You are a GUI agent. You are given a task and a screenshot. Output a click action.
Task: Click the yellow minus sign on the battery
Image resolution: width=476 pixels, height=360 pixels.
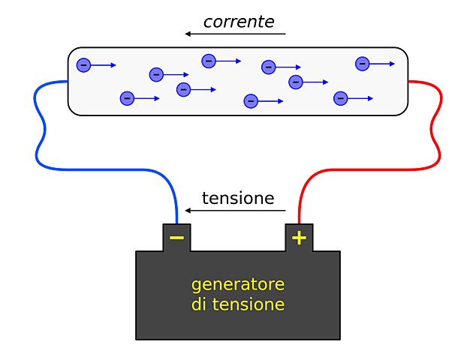(x=176, y=238)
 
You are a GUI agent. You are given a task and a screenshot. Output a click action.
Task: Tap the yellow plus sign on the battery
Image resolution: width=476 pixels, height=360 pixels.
(x=299, y=238)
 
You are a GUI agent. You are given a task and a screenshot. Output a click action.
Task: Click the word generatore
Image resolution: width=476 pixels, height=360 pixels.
(x=237, y=285)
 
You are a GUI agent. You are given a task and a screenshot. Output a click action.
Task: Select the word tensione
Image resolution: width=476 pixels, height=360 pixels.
(x=248, y=305)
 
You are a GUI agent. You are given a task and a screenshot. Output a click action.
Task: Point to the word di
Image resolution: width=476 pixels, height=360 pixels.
(x=198, y=305)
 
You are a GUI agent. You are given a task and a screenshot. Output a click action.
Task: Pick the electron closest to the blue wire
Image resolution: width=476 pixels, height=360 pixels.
(x=83, y=65)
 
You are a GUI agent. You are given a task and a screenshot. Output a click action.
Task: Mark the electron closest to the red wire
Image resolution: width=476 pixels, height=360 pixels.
(x=362, y=64)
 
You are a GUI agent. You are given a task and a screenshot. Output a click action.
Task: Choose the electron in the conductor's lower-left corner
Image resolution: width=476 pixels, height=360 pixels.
(x=127, y=98)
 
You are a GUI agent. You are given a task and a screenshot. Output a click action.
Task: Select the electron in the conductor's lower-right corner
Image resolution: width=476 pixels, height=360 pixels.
(x=340, y=98)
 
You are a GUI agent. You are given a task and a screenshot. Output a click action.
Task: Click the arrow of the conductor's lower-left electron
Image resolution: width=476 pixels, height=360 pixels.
(x=147, y=98)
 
